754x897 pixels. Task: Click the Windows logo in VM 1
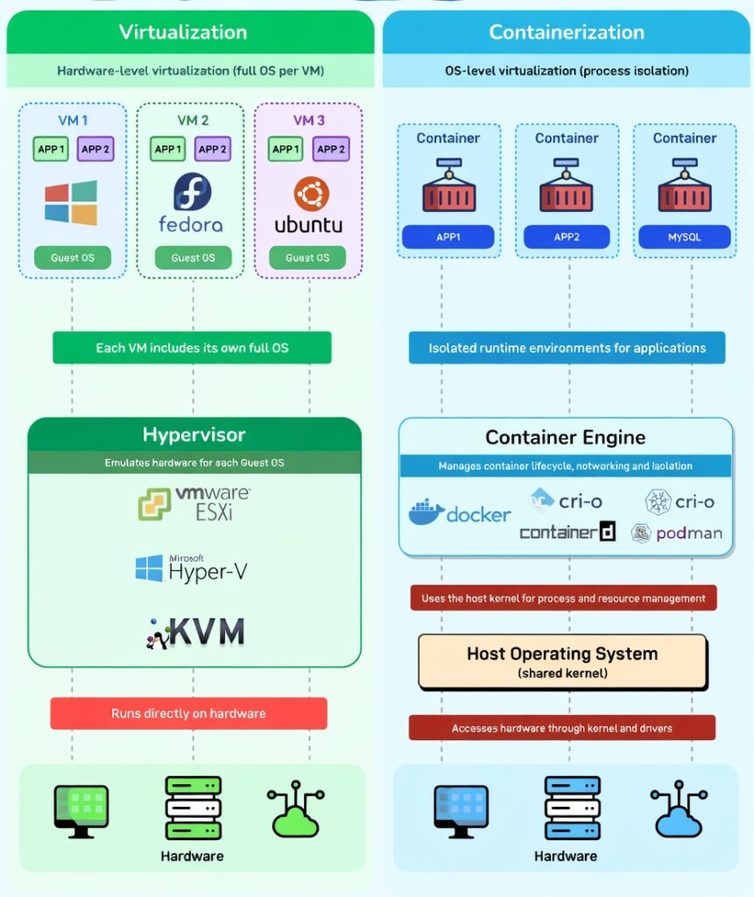pyautogui.click(x=71, y=203)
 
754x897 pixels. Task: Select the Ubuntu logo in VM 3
pyautogui.click(x=310, y=194)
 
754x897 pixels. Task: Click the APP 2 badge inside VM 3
pyautogui.click(x=330, y=149)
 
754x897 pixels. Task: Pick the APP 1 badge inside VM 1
pyautogui.click(x=51, y=149)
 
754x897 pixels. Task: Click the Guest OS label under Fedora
pyautogui.click(x=193, y=258)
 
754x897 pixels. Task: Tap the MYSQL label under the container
pyautogui.click(x=684, y=237)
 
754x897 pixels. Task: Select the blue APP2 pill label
pyautogui.click(x=567, y=237)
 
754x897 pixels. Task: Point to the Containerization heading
pyautogui.click(x=567, y=32)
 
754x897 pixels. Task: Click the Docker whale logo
pyautogui.click(x=426, y=512)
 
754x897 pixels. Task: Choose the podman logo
pyautogui.click(x=677, y=533)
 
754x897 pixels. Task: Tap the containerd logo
pyautogui.click(x=567, y=532)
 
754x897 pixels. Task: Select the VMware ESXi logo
pyautogui.click(x=194, y=504)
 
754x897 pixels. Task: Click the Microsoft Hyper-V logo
pyautogui.click(x=191, y=569)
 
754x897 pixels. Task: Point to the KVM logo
pyautogui.click(x=194, y=632)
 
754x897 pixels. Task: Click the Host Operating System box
pyautogui.click(x=562, y=661)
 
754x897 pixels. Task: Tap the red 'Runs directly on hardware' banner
pyautogui.click(x=188, y=713)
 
